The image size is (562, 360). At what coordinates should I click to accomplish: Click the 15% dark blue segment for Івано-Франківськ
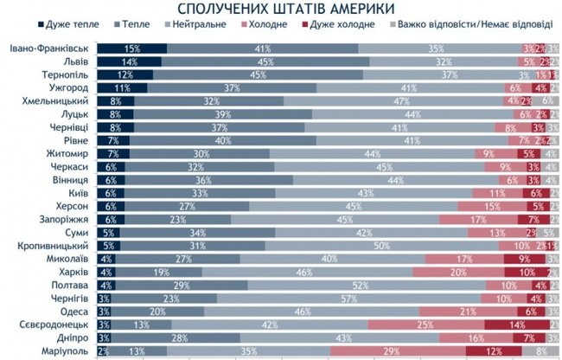point(131,48)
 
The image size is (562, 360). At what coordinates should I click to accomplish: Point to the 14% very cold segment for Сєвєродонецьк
point(515,324)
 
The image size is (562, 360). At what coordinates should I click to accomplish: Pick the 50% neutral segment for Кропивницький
point(379,246)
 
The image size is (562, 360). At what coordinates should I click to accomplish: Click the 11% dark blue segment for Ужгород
point(121,88)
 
